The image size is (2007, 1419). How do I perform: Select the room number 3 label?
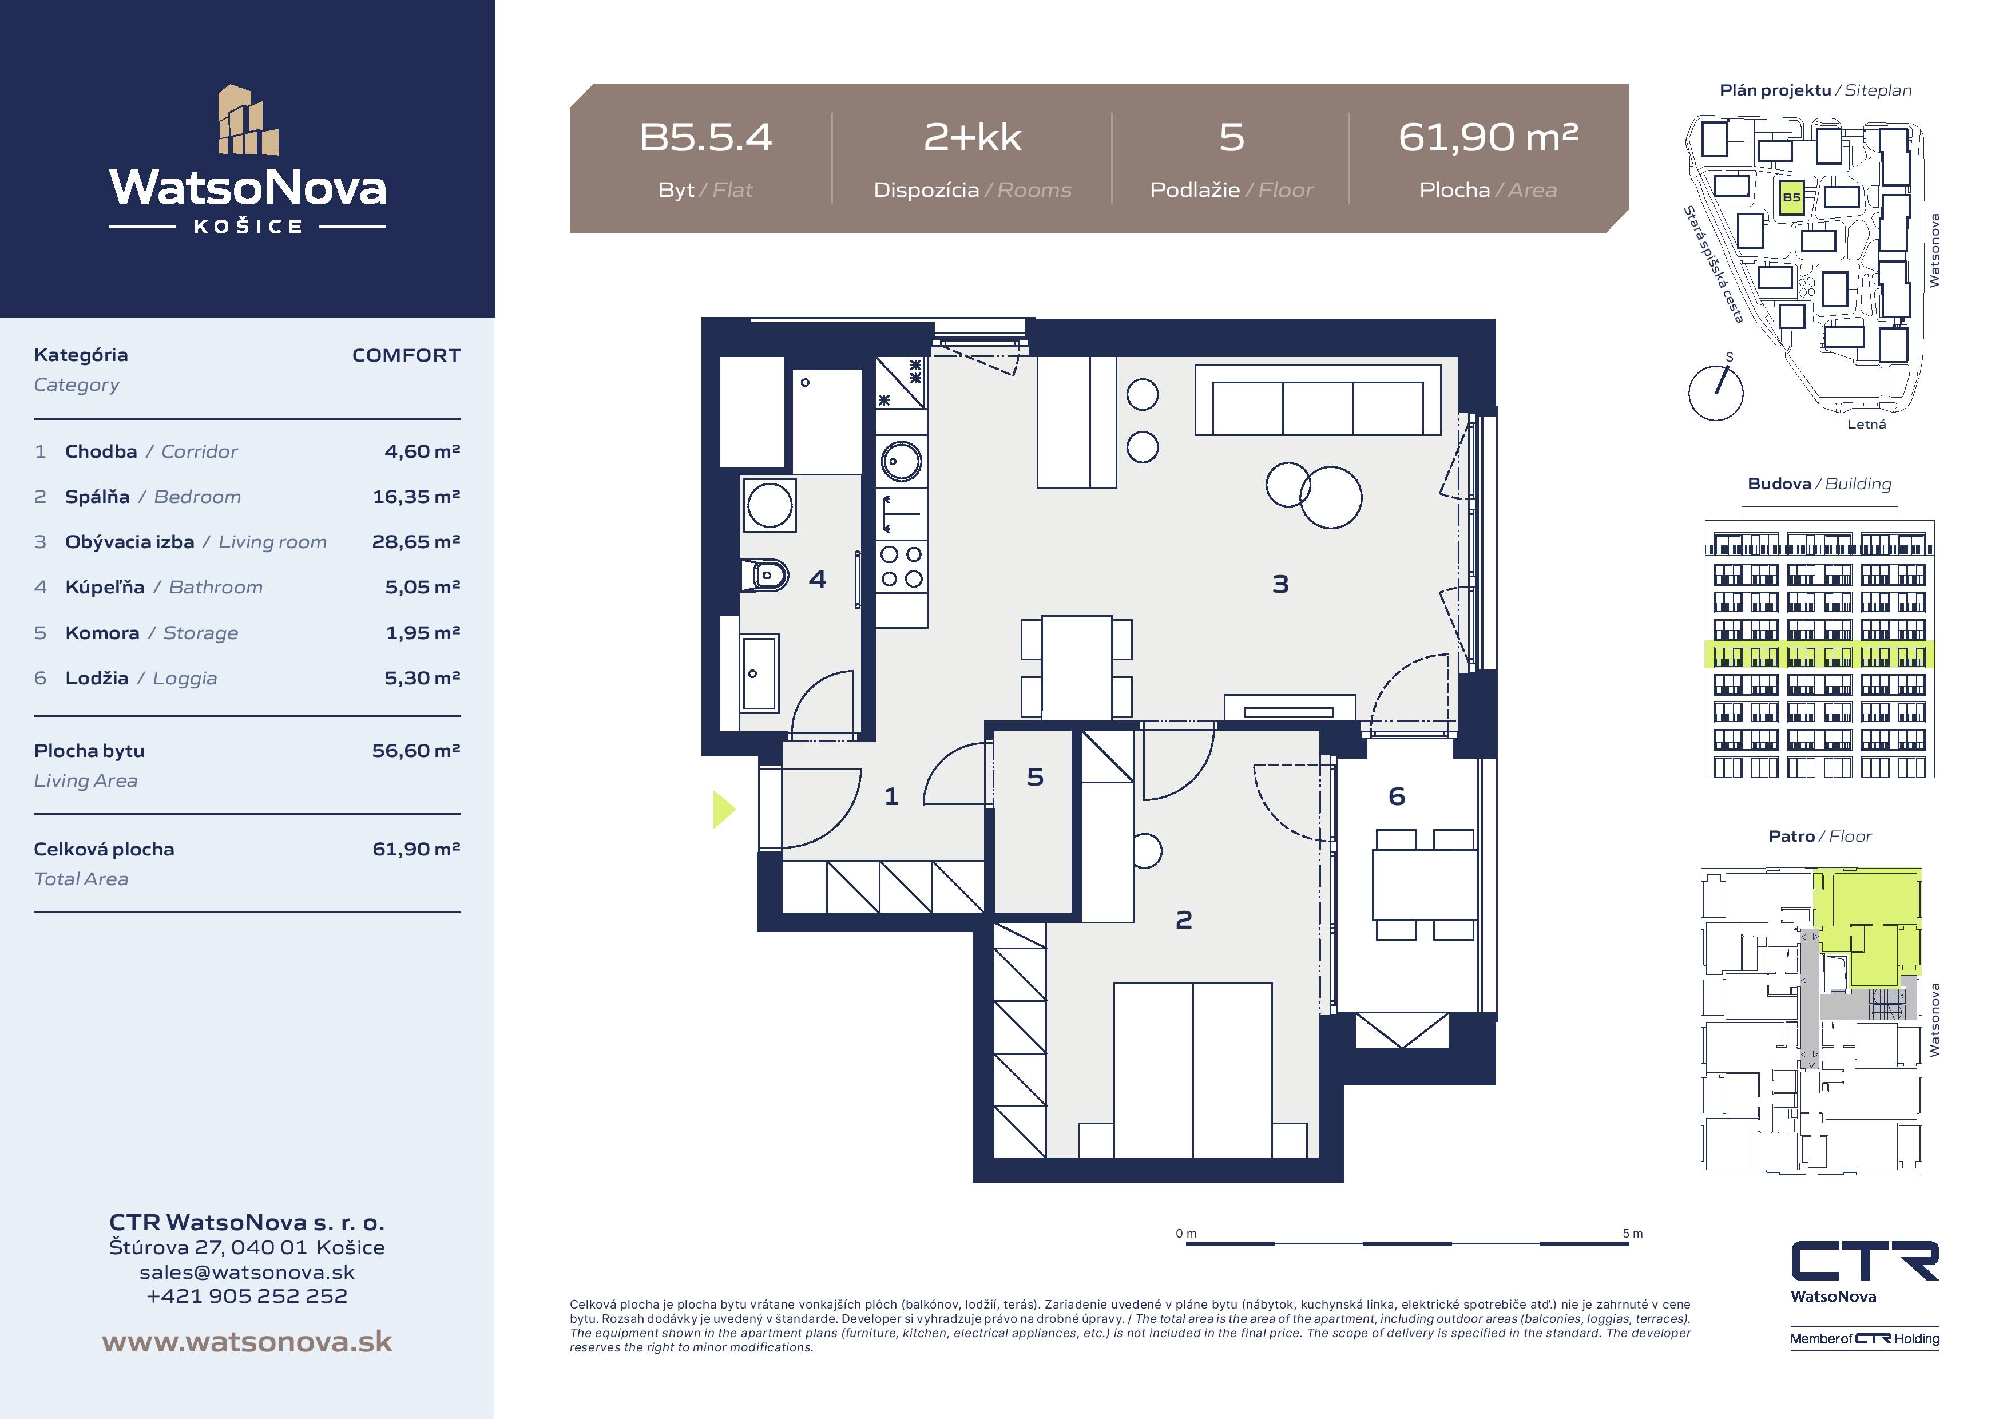[1280, 584]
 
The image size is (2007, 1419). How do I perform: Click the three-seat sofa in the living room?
[1318, 401]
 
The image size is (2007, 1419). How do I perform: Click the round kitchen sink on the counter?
[901, 460]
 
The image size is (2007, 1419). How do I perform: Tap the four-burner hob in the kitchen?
[901, 566]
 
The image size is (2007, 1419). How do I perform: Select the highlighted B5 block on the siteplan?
[1791, 197]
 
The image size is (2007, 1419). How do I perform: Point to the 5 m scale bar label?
[1632, 1234]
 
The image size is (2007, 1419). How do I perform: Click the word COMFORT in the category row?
[406, 355]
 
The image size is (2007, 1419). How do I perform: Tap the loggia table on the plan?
[1425, 884]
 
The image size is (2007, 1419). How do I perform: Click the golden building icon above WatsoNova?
[248, 120]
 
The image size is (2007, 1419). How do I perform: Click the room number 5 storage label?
[1035, 777]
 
